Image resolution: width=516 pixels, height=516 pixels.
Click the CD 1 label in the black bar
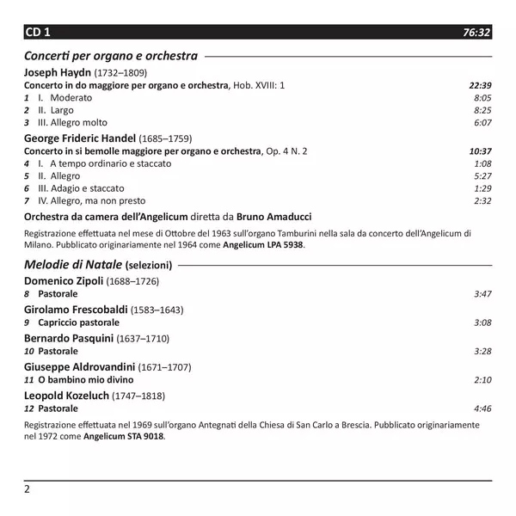(38, 32)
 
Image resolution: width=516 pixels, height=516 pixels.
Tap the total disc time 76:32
(476, 33)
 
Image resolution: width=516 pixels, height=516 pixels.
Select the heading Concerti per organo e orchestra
(111, 56)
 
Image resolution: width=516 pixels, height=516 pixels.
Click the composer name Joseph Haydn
(57, 72)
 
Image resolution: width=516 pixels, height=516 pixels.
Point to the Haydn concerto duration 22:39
(480, 85)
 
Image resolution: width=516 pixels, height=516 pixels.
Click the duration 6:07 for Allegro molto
(482, 123)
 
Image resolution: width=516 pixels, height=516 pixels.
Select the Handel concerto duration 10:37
(480, 150)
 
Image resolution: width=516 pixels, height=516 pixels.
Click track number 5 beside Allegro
(28, 175)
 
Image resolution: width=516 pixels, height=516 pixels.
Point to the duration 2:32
(482, 200)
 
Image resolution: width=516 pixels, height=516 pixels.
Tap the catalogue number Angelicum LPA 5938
(263, 244)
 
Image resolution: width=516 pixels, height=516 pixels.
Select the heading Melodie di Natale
(73, 264)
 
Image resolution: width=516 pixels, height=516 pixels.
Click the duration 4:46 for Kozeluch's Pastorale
(482, 408)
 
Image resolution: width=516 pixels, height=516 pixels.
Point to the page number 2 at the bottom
(28, 488)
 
